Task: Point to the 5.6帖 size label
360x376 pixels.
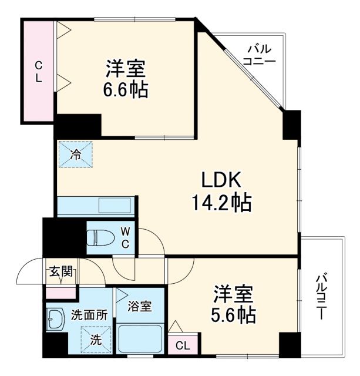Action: coord(233,315)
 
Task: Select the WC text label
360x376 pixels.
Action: coord(125,238)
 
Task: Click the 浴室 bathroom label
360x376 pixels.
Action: coord(140,306)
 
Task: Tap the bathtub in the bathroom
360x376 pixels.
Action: coord(141,340)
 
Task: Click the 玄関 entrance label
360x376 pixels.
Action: coord(60,271)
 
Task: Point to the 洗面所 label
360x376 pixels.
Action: coord(89,315)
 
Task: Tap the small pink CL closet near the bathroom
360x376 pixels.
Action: coord(182,345)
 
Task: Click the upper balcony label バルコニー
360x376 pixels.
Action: coord(258,54)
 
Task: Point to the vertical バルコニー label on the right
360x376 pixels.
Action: coord(321,297)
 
